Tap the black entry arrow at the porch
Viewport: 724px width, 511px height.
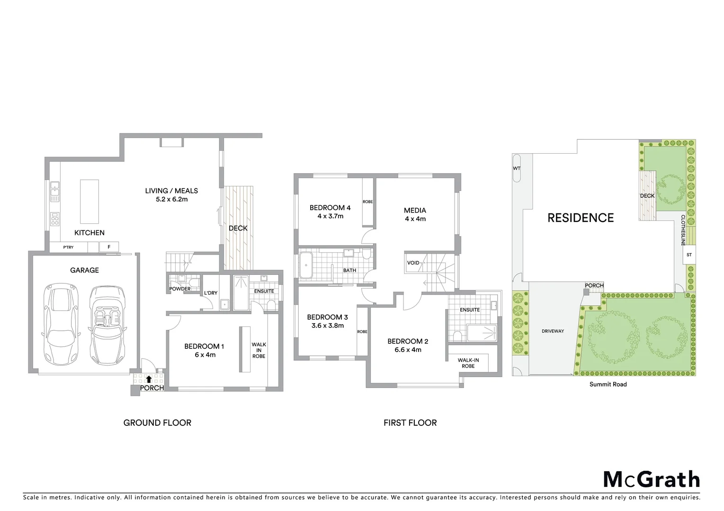[149, 379]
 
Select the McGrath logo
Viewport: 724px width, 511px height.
[651, 479]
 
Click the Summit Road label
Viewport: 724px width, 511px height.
[608, 384]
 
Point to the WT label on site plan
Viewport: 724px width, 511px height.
[516, 168]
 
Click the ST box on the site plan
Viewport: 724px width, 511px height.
[689, 255]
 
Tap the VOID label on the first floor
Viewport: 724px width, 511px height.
[413, 263]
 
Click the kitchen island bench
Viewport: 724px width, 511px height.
[89, 201]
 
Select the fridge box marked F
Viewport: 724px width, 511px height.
[109, 247]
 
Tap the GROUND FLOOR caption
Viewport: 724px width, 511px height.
[157, 423]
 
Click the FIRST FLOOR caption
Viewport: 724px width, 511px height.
[410, 423]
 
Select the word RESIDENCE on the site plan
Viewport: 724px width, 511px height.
[581, 218]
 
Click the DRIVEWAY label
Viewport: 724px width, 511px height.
[553, 331]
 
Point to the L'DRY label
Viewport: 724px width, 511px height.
[211, 293]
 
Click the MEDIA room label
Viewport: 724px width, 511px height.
[415, 210]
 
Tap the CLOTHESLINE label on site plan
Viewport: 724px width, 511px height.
[683, 230]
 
